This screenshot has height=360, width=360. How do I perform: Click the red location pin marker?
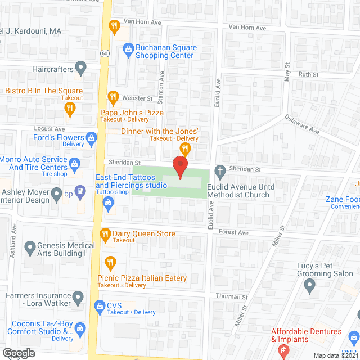[180, 166]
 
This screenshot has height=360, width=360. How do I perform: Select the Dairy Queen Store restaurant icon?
[105, 233]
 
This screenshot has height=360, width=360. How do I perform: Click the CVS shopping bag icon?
[100, 305]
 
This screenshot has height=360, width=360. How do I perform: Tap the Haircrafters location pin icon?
[81, 69]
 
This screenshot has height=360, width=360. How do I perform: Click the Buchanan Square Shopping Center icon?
[128, 51]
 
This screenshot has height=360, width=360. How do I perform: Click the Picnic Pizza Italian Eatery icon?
[110, 262]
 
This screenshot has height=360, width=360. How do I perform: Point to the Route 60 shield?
[105, 53]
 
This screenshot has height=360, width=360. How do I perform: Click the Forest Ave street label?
[233, 232]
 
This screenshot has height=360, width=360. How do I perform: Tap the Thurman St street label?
[232, 296]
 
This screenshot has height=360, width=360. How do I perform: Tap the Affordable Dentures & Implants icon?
[283, 351]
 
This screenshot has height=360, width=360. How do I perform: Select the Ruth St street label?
[308, 74]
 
